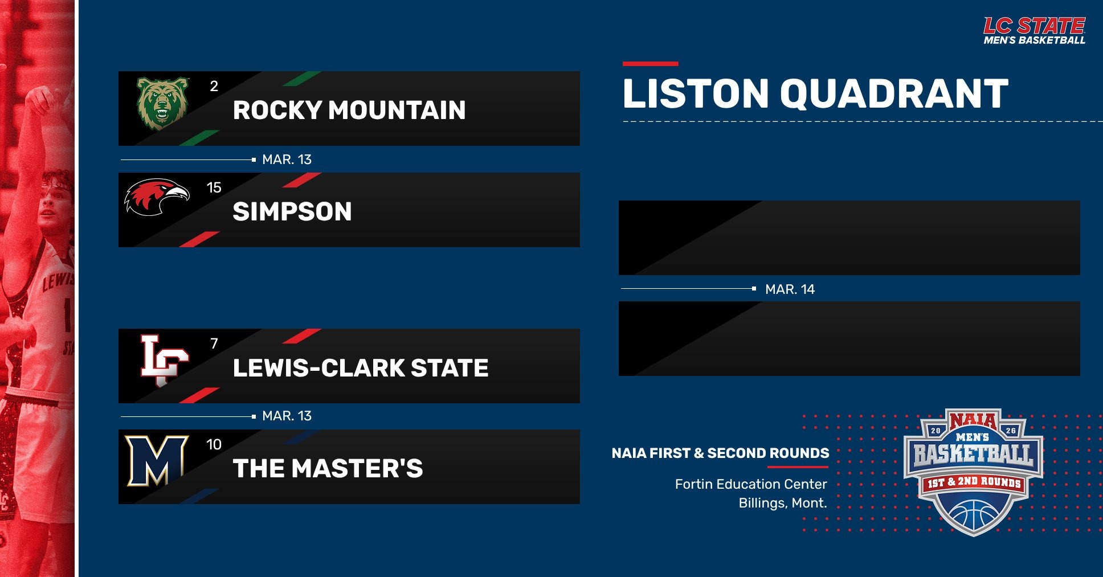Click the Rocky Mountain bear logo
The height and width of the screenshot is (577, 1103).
(162, 103)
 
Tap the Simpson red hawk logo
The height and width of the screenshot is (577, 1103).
(157, 197)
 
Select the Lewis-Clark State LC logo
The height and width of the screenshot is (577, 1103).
(164, 360)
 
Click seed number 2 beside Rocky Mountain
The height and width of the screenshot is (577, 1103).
(214, 86)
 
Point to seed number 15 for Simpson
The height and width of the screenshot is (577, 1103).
(214, 187)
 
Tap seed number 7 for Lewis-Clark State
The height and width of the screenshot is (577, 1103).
(214, 343)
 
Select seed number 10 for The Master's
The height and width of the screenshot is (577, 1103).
(214, 444)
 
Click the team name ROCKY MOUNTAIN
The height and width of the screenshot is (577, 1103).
(349, 110)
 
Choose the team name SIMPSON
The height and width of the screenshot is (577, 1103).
(292, 211)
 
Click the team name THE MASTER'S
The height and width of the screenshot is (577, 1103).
(328, 469)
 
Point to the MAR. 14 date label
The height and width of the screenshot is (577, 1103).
(790, 289)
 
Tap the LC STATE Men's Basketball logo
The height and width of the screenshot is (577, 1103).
(1034, 31)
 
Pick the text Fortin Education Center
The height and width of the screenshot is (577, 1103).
(751, 484)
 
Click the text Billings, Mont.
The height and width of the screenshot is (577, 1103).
(782, 503)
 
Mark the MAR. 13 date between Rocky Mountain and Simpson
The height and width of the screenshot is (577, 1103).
(287, 159)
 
